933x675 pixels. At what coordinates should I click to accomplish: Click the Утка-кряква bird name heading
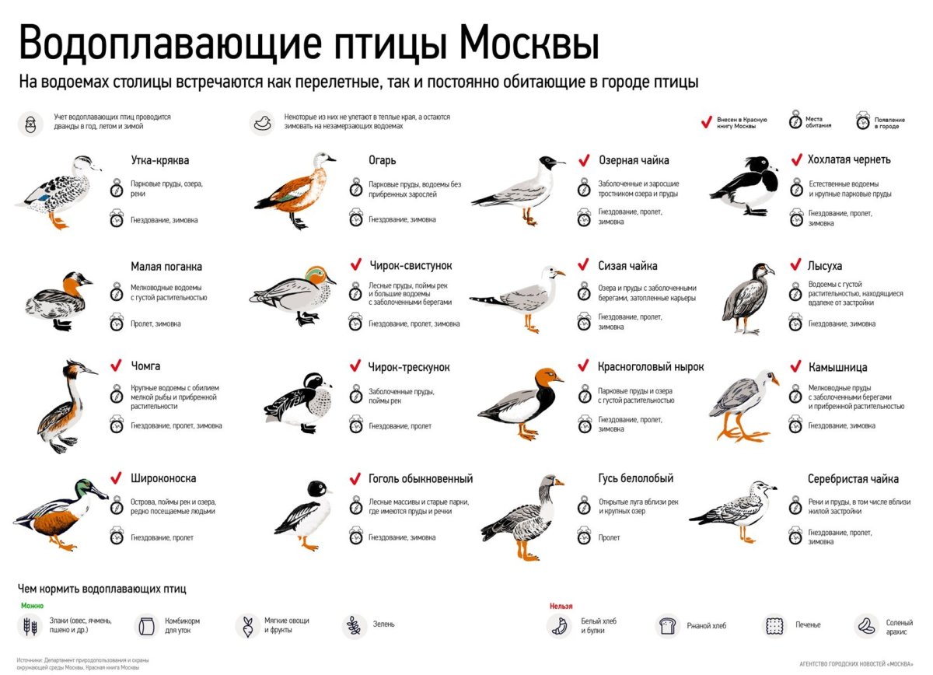[x=160, y=161]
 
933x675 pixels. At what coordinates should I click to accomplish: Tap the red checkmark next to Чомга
[x=117, y=365]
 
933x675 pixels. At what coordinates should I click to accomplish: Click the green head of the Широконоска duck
[x=86, y=489]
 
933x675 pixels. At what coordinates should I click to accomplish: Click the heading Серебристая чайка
[x=853, y=479]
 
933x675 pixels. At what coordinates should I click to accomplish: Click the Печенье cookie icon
[x=774, y=625]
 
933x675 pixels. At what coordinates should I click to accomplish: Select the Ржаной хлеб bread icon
[x=666, y=625]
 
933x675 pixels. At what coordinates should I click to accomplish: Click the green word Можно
[x=32, y=606]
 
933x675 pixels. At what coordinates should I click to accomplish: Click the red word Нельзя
[x=561, y=606]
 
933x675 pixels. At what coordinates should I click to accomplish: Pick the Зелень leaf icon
[x=354, y=624]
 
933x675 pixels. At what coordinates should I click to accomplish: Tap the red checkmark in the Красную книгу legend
[x=706, y=122]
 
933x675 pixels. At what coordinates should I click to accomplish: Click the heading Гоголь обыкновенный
[x=421, y=479]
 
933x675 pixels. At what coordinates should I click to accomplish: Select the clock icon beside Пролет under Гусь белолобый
[x=584, y=537]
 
